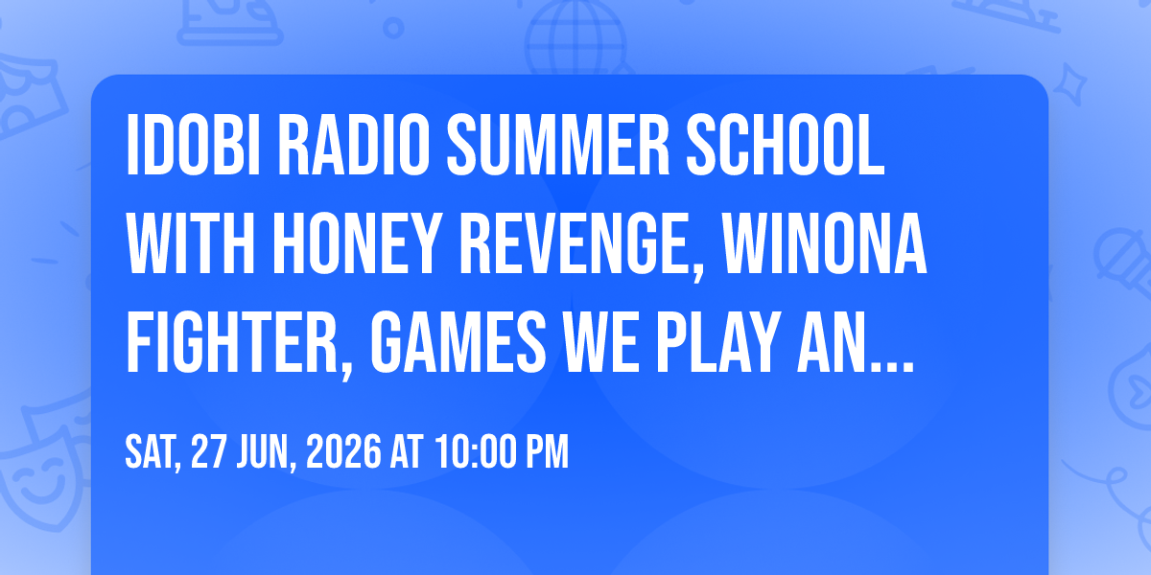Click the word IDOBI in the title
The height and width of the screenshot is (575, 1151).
[193, 146]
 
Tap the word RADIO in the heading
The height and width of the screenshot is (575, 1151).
[354, 146]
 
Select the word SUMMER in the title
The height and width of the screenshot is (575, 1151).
[558, 146]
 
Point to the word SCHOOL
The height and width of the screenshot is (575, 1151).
[786, 146]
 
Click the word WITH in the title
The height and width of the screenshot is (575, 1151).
[191, 243]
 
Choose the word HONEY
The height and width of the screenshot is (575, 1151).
[357, 243]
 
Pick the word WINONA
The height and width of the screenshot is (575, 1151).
[825, 243]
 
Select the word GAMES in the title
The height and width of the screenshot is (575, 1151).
[458, 342]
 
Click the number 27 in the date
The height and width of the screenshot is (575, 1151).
[209, 451]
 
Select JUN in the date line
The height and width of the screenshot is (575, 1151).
[267, 452]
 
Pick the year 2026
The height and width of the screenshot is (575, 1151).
[343, 451]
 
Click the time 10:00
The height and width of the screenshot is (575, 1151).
[476, 451]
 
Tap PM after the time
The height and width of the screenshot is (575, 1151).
[547, 451]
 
